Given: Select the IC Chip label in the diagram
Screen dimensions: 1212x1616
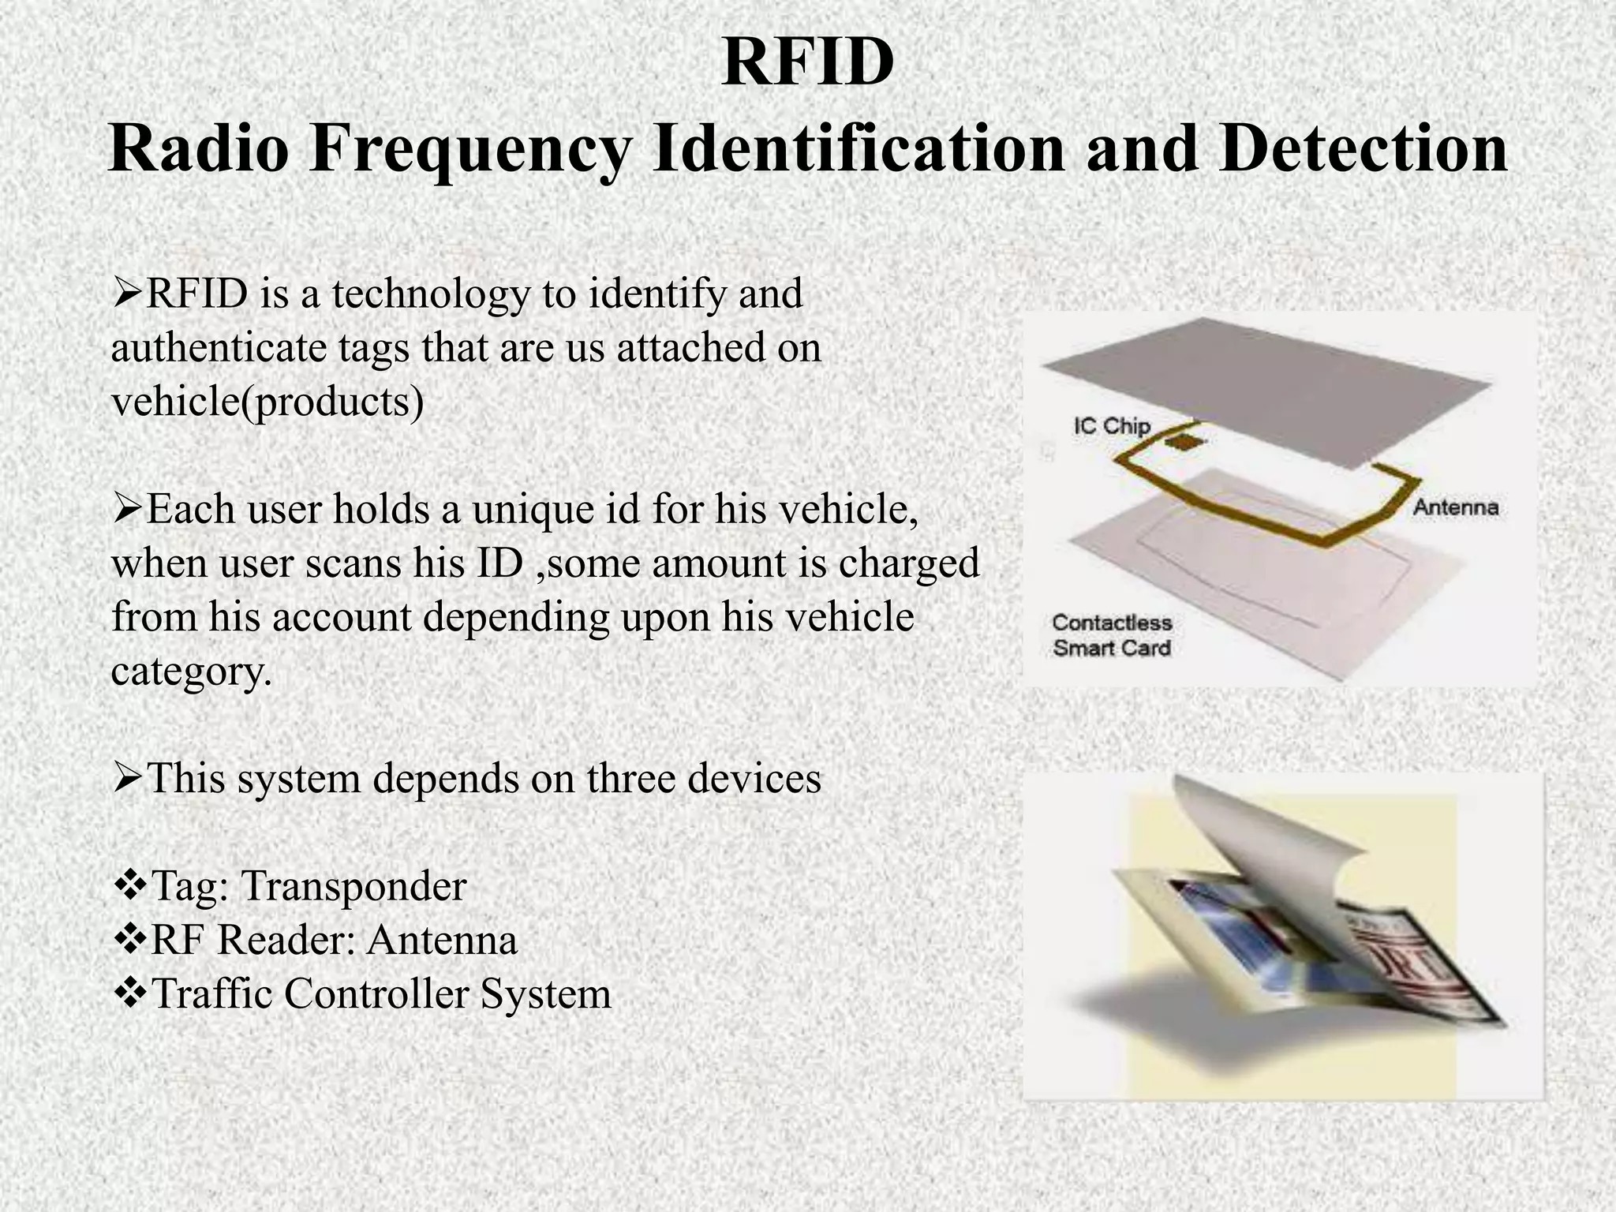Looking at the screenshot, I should [1111, 426].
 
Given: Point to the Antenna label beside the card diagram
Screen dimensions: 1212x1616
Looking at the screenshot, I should [1455, 507].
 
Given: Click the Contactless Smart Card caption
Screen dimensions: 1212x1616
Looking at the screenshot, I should [1111, 635].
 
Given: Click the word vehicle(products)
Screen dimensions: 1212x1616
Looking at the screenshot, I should [267, 402].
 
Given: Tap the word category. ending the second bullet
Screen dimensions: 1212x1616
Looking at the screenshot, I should [191, 671].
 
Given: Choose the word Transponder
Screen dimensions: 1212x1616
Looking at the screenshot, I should [353, 886].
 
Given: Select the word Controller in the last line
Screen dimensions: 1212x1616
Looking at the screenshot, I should [376, 993].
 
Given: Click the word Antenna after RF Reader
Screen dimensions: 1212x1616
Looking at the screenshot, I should [442, 940].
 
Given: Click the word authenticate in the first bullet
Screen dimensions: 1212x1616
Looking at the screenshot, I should [219, 348].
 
